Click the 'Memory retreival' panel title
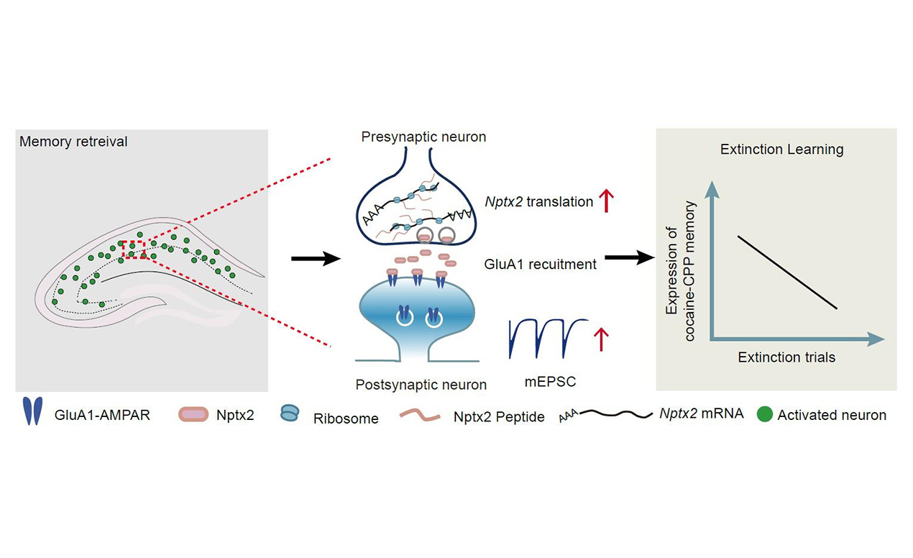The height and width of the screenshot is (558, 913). tap(73, 142)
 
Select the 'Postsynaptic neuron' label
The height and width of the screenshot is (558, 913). tap(421, 385)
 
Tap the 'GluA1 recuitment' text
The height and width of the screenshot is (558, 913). tap(541, 264)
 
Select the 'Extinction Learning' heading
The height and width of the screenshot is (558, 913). tap(781, 150)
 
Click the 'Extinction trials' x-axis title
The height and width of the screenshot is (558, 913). tap(786, 357)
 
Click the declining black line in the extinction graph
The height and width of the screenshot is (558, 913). tap(786, 272)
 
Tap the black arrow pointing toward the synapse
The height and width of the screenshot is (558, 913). tap(314, 260)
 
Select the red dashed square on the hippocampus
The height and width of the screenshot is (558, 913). tap(134, 249)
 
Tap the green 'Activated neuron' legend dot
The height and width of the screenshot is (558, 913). tap(765, 414)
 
